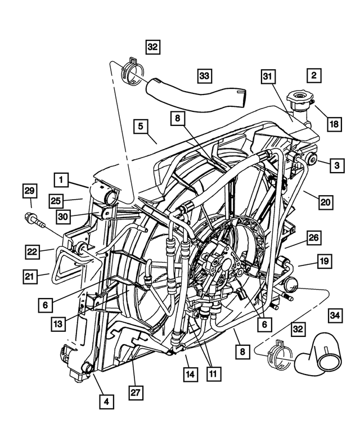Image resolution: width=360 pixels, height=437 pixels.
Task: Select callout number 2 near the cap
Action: point(313,74)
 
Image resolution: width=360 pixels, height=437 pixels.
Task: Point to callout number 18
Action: point(334,124)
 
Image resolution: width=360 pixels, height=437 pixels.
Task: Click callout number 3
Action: point(336,165)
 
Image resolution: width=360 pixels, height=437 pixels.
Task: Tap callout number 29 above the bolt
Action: point(30,191)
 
